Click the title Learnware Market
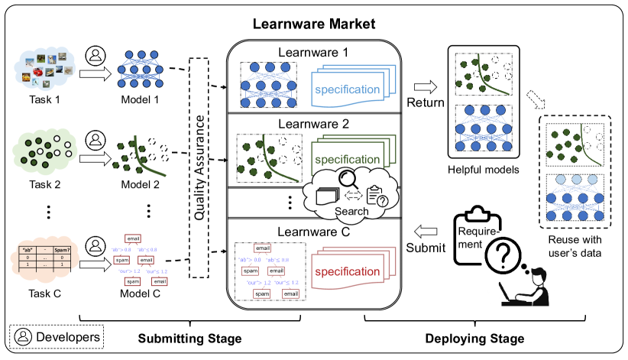tap(314, 24)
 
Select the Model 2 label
tap(141, 185)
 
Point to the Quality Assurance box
tap(199, 168)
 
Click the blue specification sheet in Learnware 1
tap(348, 89)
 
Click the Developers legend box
tap(56, 336)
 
